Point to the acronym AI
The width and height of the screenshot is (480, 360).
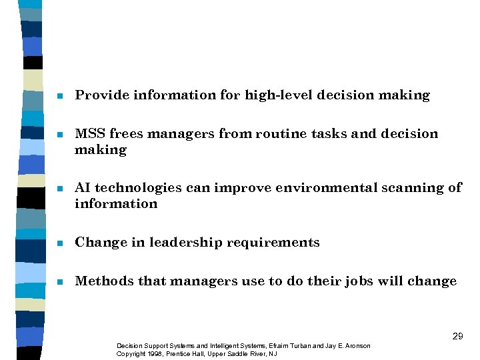pyautogui.click(x=83, y=188)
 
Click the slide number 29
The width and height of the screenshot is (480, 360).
pyautogui.click(x=457, y=336)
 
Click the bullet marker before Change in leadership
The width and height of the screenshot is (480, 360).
pyautogui.click(x=60, y=243)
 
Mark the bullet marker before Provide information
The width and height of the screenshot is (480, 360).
pyautogui.click(x=60, y=96)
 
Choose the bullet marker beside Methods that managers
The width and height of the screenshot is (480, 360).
pyautogui.click(x=60, y=282)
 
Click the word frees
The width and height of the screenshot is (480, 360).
pyautogui.click(x=126, y=134)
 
